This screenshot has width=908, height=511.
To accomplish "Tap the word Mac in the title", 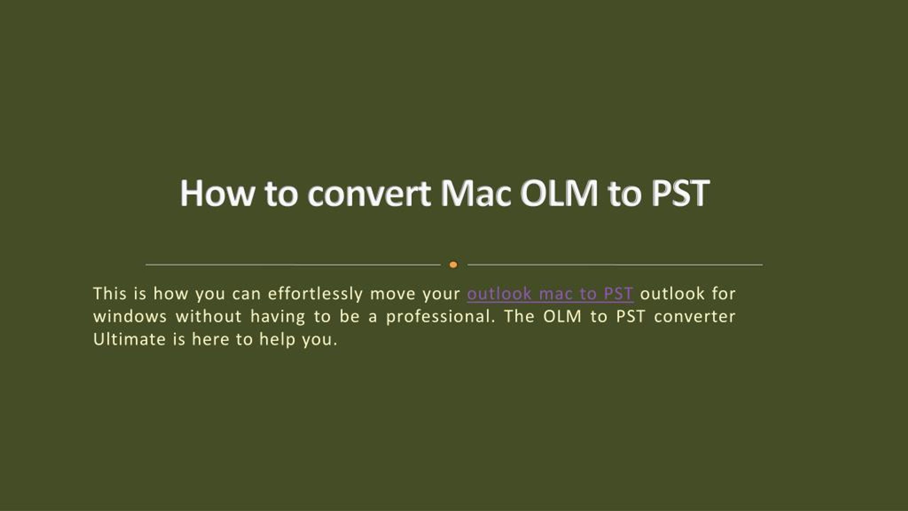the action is click(476, 194).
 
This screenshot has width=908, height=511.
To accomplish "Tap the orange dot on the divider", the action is click(453, 265).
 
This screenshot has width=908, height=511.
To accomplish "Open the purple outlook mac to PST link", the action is click(550, 294).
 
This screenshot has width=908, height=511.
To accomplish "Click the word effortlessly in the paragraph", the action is click(315, 294).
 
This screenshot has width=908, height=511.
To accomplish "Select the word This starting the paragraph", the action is click(110, 294).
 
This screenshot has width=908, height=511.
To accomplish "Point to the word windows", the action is click(130, 317).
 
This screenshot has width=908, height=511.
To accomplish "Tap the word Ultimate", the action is click(129, 340).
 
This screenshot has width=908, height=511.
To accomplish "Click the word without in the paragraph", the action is click(209, 317).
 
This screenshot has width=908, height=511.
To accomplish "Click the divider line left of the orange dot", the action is click(293, 265).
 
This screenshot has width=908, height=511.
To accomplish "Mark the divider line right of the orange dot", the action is click(615, 265).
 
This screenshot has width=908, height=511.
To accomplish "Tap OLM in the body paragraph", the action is click(563, 317).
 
